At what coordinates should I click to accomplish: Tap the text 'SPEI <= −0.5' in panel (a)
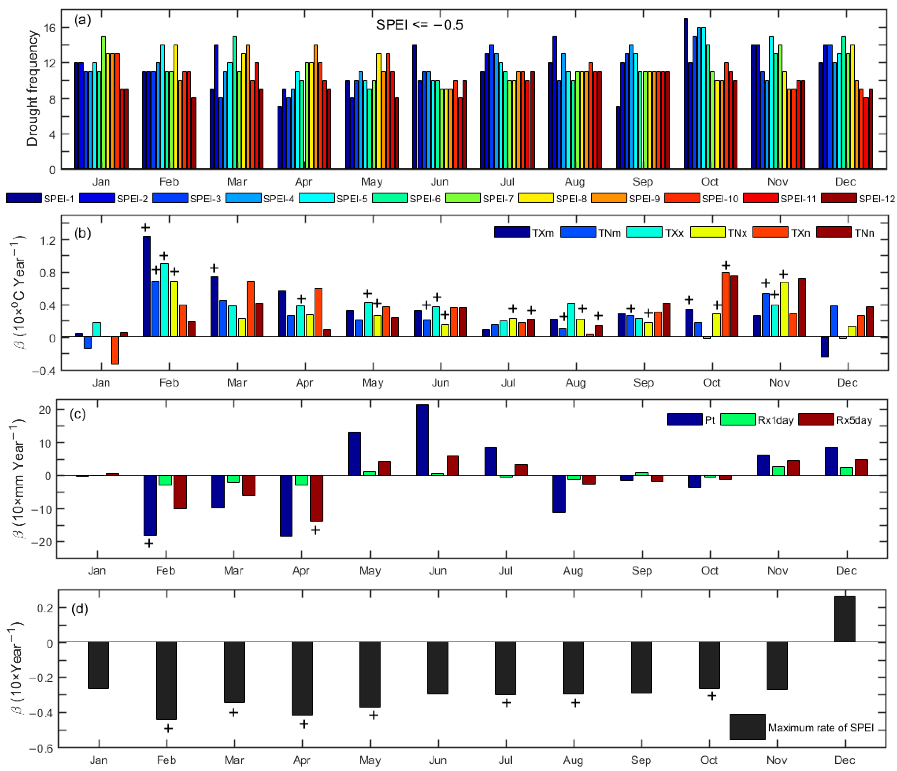tap(419, 25)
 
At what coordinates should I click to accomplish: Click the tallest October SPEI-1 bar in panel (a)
tap(686, 93)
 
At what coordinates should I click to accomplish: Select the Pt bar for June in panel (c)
tap(422, 440)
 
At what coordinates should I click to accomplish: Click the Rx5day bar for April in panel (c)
tap(316, 498)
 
